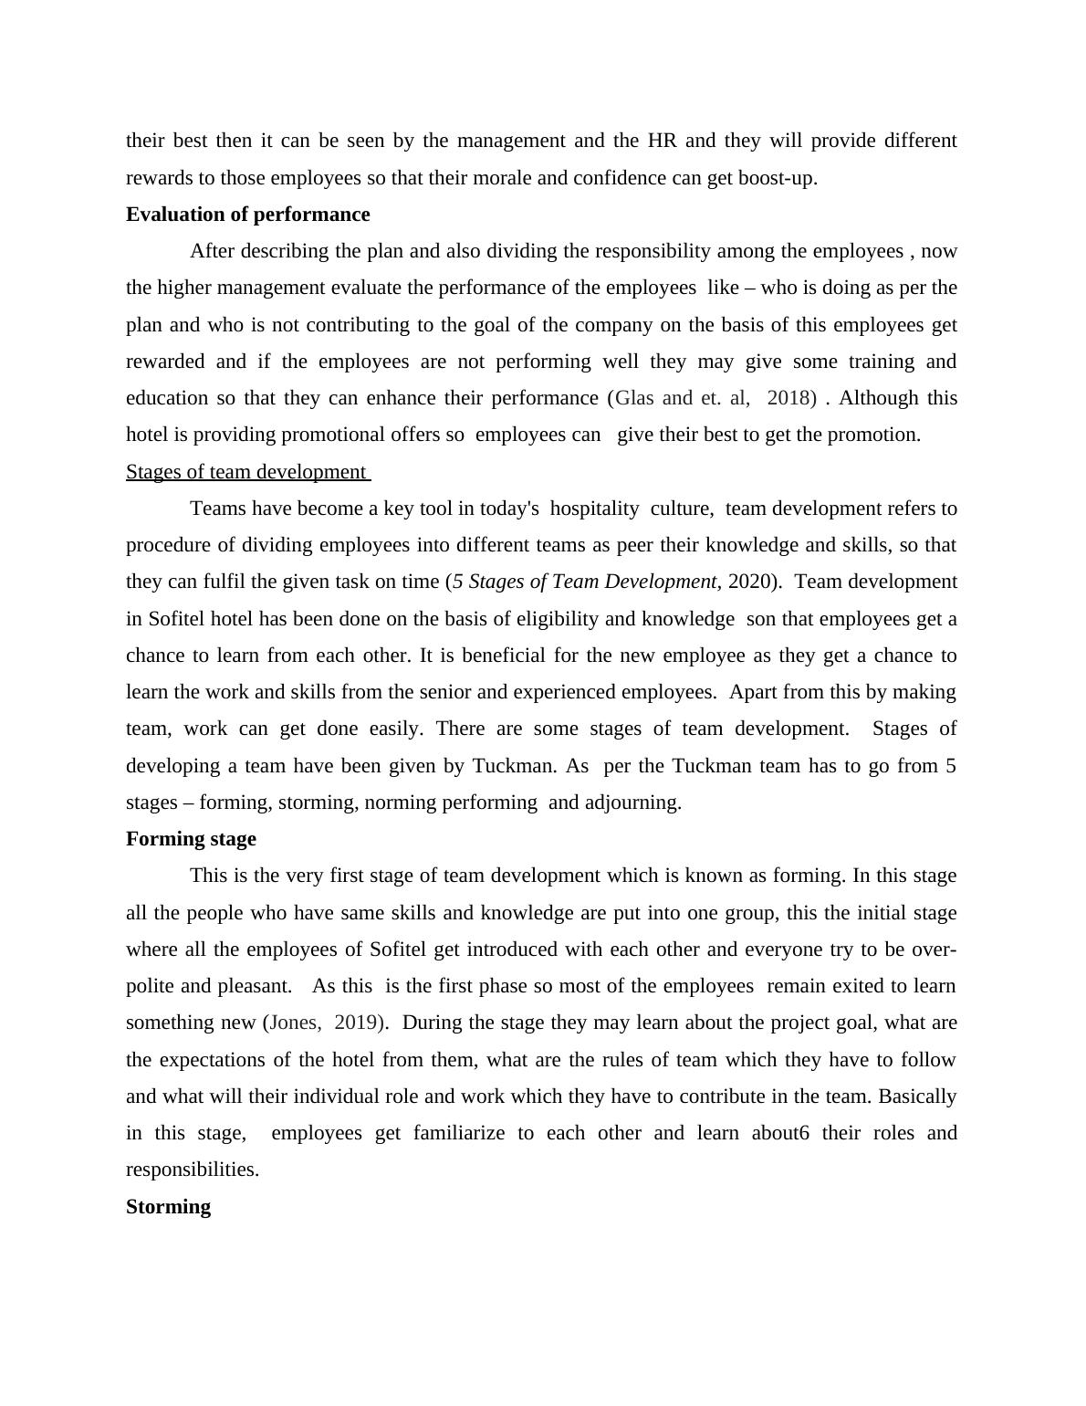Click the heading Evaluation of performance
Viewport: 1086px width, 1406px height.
pyautogui.click(x=247, y=215)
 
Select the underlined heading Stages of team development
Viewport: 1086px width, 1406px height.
pyautogui.click(x=246, y=472)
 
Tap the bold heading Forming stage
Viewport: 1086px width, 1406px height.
pyautogui.click(x=191, y=839)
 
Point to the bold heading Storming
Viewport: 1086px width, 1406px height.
pyautogui.click(x=168, y=1207)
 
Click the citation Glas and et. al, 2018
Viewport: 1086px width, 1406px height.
pyautogui.click(x=715, y=398)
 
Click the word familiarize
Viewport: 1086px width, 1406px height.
pyautogui.click(x=459, y=1133)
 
